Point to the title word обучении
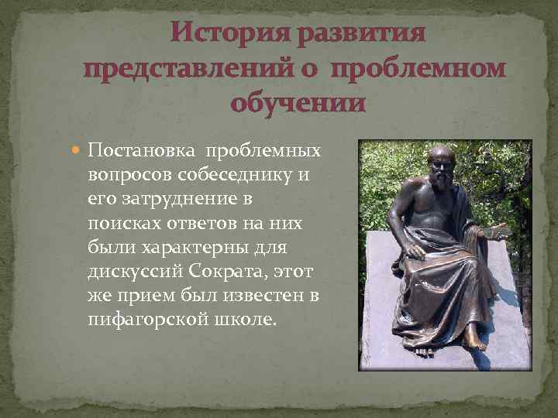click(298, 103)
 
